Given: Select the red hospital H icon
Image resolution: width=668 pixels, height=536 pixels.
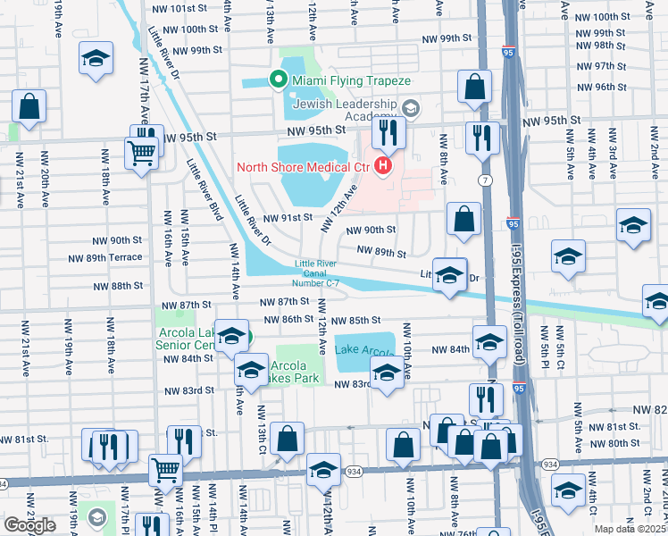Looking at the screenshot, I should pyautogui.click(x=384, y=165).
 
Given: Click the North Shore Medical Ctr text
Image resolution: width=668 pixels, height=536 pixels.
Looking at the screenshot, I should pyautogui.click(x=303, y=167).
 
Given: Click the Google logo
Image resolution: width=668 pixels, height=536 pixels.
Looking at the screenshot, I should pyautogui.click(x=29, y=524).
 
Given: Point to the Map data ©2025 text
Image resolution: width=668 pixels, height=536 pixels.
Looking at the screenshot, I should pyautogui.click(x=630, y=529).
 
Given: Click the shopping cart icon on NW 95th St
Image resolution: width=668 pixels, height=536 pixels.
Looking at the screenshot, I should pyautogui.click(x=143, y=153).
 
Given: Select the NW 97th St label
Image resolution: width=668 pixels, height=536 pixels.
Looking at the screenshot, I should pyautogui.click(x=600, y=66).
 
